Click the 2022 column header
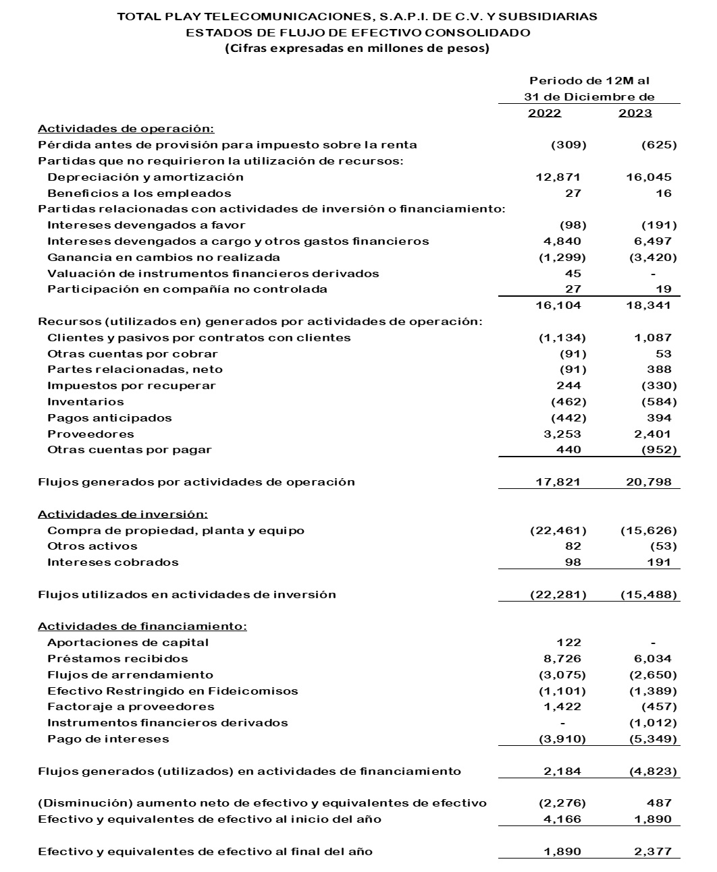[x=544, y=113]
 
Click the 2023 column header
[x=635, y=113]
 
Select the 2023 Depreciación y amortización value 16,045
[x=649, y=177]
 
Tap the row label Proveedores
[x=90, y=434]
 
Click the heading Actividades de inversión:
[x=122, y=514]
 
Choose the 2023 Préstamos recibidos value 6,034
[x=653, y=658]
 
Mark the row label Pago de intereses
[x=108, y=738]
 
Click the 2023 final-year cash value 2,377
[x=653, y=851]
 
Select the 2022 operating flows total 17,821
[x=562, y=482]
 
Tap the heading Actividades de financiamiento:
[x=142, y=627]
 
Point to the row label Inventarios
[x=85, y=401]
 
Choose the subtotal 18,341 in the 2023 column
[x=649, y=305]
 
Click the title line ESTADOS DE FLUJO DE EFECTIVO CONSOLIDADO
[x=358, y=32]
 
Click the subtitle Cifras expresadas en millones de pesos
[x=357, y=48]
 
